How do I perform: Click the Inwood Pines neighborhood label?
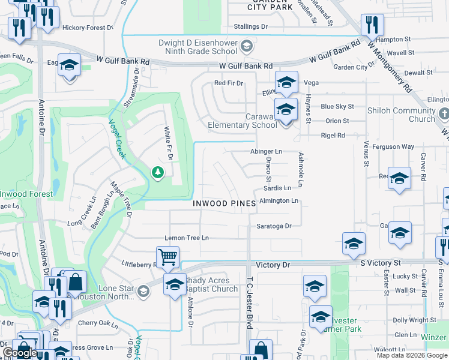[224, 203]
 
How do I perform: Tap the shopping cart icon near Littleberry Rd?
[168, 257]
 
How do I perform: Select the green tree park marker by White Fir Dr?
[158, 173]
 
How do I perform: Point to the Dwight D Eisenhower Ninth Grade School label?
[198, 47]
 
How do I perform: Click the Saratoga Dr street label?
[274, 226]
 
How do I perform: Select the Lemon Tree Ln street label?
[187, 238]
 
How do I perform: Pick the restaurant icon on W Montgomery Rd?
[372, 25]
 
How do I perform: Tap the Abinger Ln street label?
[266, 152]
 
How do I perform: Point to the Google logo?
[20, 353]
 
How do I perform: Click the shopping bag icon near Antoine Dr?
[77, 281]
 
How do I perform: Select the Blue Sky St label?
[337, 106]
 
